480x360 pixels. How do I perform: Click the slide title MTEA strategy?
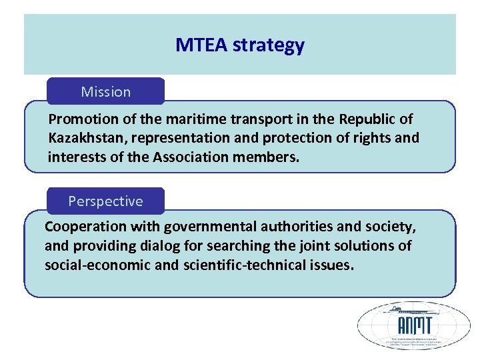click(x=240, y=45)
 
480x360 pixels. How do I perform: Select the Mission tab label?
click(x=105, y=91)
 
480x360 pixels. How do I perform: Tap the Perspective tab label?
click(x=105, y=201)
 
